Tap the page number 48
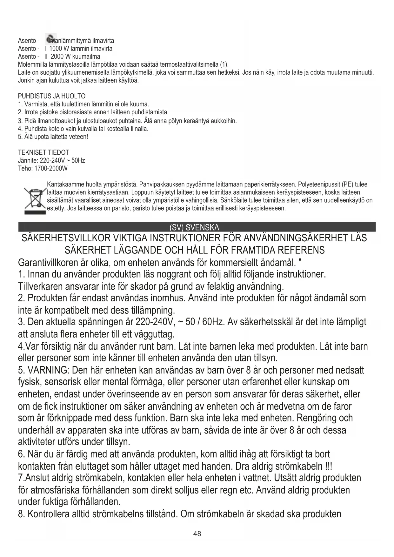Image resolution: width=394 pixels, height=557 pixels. (x=197, y=534)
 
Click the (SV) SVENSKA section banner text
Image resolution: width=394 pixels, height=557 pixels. (x=194, y=227)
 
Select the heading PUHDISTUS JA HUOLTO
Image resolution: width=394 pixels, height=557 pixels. (x=52, y=96)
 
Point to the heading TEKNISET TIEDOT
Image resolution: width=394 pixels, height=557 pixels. (x=43, y=152)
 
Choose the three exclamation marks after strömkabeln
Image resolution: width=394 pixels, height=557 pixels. (x=329, y=467)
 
